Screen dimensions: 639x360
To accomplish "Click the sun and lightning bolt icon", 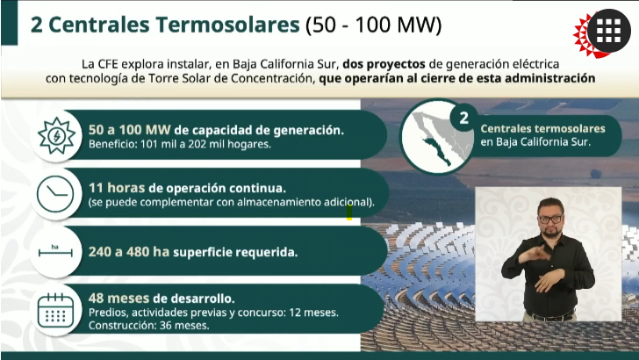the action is (56, 136).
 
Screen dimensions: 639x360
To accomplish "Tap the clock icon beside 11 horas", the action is (55, 194).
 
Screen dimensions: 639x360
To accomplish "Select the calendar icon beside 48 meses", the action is (55, 311).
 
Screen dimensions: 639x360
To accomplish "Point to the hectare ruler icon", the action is (55, 251).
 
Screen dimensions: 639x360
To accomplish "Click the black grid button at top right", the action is (609, 31).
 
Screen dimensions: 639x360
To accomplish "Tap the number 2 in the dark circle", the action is (463, 118).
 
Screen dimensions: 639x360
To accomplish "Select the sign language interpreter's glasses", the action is (550, 219).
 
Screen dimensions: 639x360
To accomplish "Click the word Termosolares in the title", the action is (227, 25).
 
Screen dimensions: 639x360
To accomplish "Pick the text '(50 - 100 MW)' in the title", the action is (374, 25).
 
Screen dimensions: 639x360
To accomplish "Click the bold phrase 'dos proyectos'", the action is (384, 64).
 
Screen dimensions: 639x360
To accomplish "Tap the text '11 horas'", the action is (117, 188).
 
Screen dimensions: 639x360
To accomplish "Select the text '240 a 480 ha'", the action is (129, 252).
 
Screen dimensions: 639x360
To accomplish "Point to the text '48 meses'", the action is (119, 299).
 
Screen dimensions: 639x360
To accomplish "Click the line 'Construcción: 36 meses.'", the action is (148, 326).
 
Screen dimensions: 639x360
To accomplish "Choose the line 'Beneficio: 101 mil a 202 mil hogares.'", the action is (180, 144).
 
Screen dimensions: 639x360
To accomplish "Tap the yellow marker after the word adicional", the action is (349, 212).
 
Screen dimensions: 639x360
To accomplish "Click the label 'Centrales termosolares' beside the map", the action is (542, 128).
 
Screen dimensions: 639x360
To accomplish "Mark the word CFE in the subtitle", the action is (108, 64).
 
